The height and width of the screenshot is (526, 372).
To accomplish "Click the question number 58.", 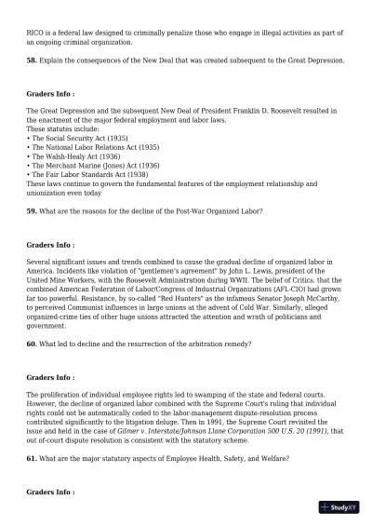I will [32, 61].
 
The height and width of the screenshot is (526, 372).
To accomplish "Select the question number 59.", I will [32, 211].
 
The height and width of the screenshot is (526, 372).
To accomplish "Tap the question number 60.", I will [32, 344].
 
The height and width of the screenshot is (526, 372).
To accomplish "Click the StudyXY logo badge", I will [339, 507].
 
